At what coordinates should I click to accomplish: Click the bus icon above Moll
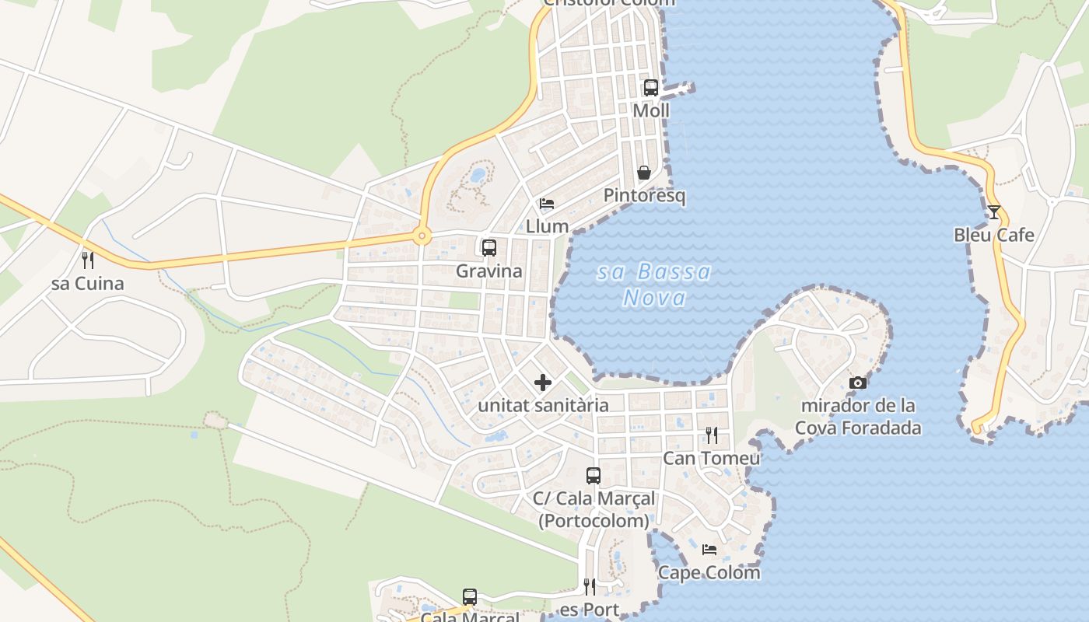[x=651, y=88]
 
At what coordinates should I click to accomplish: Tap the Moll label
[x=651, y=110]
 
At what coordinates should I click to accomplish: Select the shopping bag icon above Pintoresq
[x=644, y=173]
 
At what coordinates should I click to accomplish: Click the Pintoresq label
[x=645, y=195]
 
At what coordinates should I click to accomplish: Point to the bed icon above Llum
[x=547, y=204]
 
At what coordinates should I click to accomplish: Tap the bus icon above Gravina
[x=489, y=248]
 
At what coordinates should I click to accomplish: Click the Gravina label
[x=489, y=271]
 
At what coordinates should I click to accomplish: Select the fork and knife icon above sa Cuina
[x=88, y=260]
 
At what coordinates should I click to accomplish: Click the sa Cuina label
[x=88, y=284]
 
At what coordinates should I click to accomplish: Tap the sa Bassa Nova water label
[x=655, y=285]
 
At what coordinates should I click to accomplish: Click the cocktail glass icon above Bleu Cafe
[x=994, y=211]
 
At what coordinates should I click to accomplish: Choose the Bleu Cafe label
[x=994, y=235]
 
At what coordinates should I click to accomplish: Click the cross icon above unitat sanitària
[x=543, y=383]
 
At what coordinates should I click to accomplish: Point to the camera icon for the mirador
[x=858, y=383]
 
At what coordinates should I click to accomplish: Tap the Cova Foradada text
[x=858, y=428]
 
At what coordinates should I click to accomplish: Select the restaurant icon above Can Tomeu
[x=711, y=435]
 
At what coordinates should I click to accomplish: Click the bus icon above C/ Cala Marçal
[x=594, y=475]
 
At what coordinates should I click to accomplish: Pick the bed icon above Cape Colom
[x=709, y=550]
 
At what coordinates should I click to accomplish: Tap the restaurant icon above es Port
[x=590, y=586]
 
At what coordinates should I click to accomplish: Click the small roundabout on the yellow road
[x=422, y=236]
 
